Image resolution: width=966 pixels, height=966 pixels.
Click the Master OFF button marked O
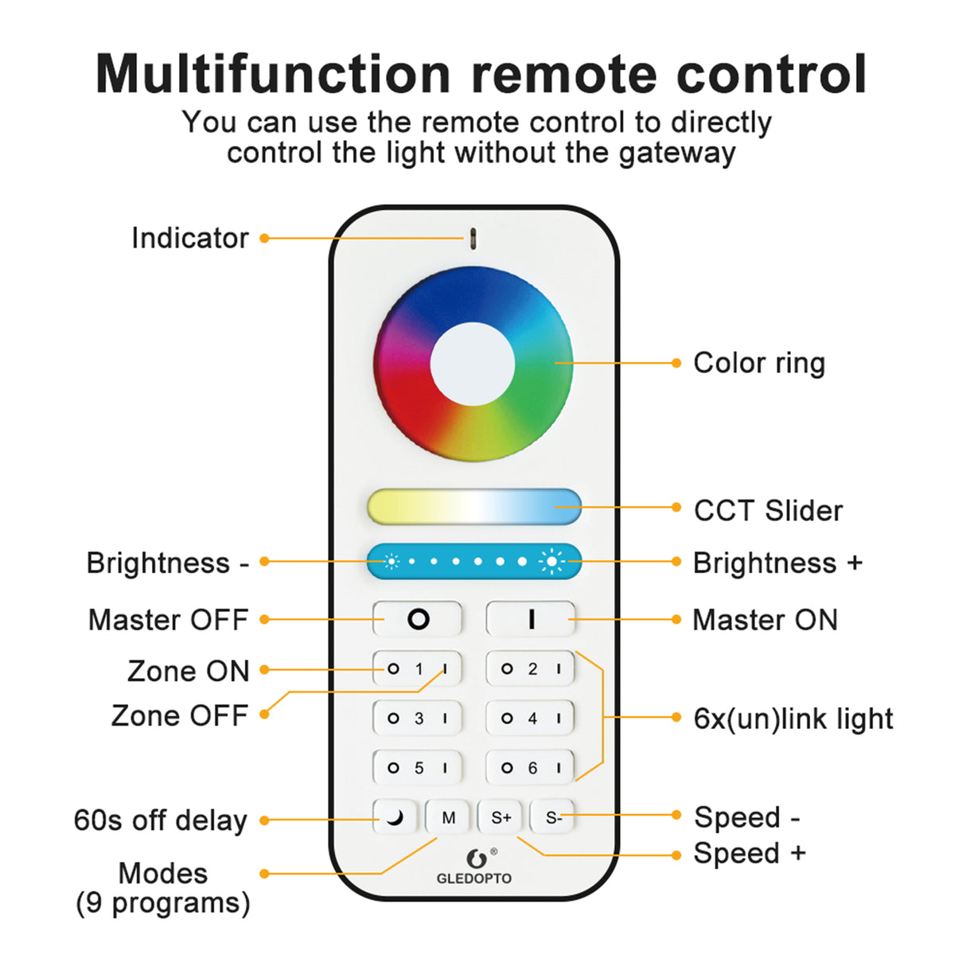tap(418, 619)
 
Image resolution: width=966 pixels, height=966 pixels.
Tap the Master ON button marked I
tap(531, 619)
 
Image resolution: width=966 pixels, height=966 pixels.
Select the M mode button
tap(449, 817)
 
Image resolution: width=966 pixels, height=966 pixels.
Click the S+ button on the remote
tap(501, 817)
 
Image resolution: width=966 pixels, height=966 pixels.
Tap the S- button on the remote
tap(553, 817)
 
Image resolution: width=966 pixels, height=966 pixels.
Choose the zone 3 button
tap(418, 719)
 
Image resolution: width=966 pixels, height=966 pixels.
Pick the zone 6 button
tap(531, 768)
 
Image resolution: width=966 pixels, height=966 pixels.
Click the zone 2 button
tap(531, 669)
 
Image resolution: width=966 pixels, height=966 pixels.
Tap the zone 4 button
tap(531, 719)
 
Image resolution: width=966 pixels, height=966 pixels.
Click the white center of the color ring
tap(473, 364)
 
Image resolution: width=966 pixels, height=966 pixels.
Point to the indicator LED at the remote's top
tap(473, 237)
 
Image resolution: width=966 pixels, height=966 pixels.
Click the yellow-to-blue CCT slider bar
tap(474, 507)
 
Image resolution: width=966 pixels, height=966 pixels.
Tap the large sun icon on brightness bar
tap(551, 562)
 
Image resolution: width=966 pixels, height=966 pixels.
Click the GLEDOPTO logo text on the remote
tap(474, 878)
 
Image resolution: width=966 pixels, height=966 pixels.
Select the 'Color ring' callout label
tap(759, 363)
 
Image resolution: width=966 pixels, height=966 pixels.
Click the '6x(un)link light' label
tap(793, 719)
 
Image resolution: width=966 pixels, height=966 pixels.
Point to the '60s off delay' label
tap(160, 820)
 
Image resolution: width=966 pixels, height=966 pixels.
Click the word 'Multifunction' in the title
tap(273, 74)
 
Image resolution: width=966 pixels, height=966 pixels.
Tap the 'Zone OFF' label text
tap(180, 715)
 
